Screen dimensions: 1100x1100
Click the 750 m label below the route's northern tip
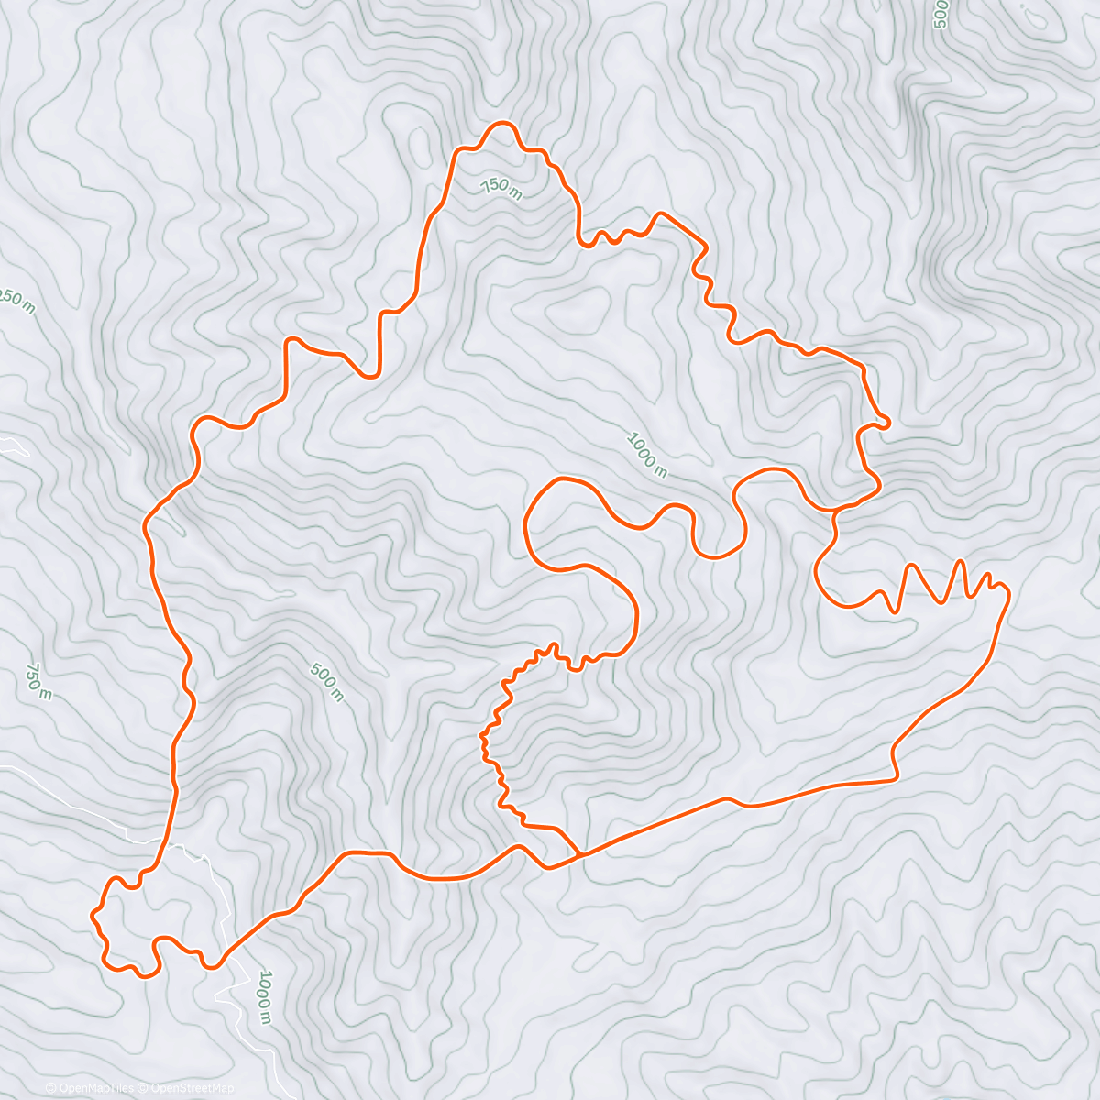coord(501,188)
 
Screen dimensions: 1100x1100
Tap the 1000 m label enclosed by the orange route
coord(646,453)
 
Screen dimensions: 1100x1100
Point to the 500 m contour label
coord(326,683)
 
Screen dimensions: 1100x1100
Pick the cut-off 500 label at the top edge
coord(940,14)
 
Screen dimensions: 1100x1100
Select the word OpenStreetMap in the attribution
coord(193,1088)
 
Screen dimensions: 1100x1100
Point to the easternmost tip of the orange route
coord(1009,595)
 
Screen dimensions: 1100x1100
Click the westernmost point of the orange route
coord(91,914)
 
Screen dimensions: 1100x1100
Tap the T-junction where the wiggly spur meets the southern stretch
coord(580,855)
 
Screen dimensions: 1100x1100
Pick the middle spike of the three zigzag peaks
coord(960,561)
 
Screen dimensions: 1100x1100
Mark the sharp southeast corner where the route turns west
coord(896,779)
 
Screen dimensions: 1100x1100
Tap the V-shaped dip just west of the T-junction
coord(547,867)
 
